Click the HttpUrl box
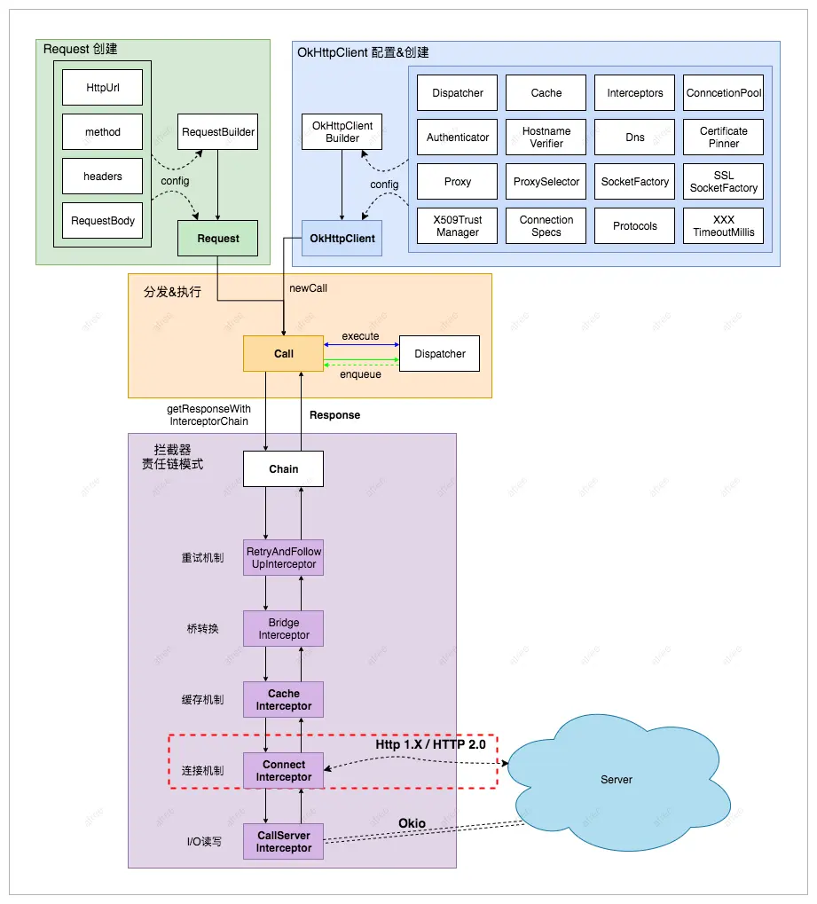(102, 87)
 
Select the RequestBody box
(102, 220)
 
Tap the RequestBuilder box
(218, 131)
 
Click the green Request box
(218, 238)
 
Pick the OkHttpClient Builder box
(342, 131)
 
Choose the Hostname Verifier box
(546, 138)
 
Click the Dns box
(635, 138)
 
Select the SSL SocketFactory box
(724, 182)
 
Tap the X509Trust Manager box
(457, 226)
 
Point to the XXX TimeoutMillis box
(724, 226)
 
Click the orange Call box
(283, 353)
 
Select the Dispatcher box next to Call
(439, 353)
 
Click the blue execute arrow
(362, 345)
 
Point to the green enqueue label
(360, 374)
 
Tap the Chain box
(283, 468)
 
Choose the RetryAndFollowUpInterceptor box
(283, 557)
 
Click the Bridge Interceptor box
(283, 628)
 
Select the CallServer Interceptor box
(283, 841)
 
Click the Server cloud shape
(617, 780)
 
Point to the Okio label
(412, 823)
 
